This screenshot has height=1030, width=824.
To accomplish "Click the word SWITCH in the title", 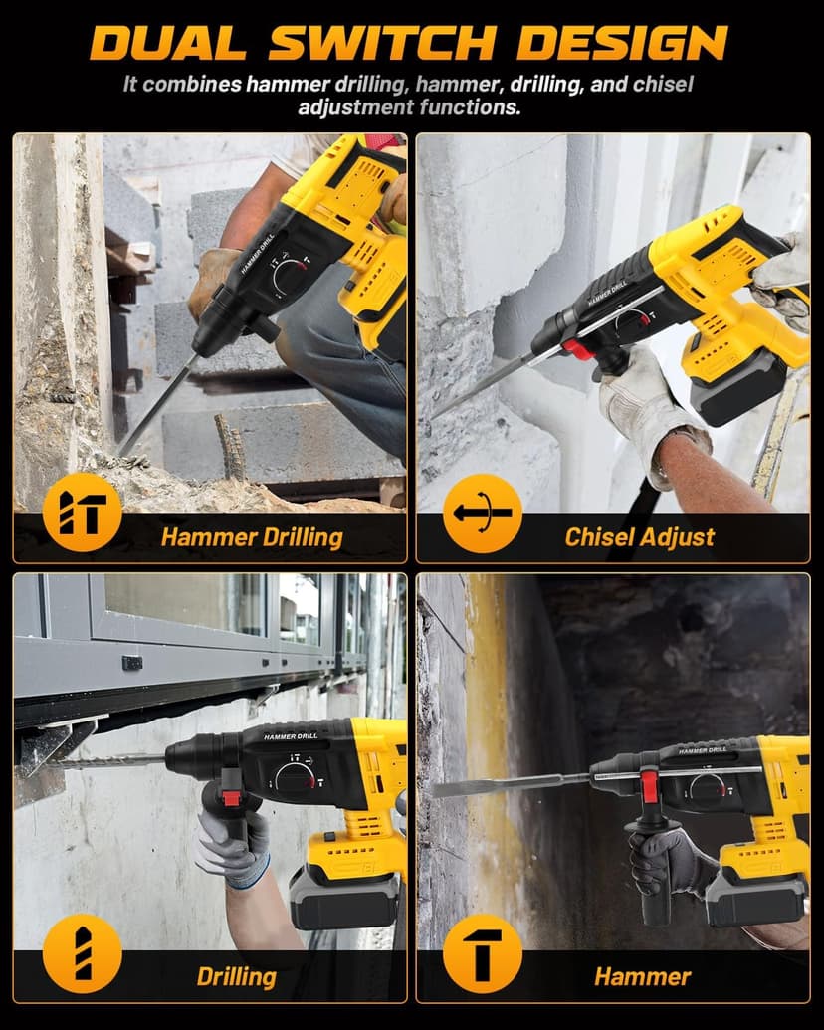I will click(x=382, y=42).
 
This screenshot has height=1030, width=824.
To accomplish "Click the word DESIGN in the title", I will click(x=622, y=42).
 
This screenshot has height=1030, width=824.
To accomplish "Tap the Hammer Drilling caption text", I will click(x=251, y=538).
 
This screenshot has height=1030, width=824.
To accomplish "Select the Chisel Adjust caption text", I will click(x=639, y=537).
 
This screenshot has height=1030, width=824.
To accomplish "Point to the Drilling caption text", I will click(x=236, y=975).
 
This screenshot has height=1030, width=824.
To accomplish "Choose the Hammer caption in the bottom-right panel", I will click(x=642, y=976).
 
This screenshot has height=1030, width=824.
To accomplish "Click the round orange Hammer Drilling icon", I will click(x=82, y=513).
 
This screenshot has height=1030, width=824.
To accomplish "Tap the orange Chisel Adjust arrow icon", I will click(x=482, y=514).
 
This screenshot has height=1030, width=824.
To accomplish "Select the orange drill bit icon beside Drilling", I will click(x=82, y=953).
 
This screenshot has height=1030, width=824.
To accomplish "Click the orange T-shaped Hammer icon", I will click(x=483, y=953).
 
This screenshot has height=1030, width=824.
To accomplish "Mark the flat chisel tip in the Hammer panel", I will click(x=468, y=788).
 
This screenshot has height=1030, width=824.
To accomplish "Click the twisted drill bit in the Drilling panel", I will click(x=109, y=762).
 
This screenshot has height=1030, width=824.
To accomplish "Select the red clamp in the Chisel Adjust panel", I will click(x=574, y=348).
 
